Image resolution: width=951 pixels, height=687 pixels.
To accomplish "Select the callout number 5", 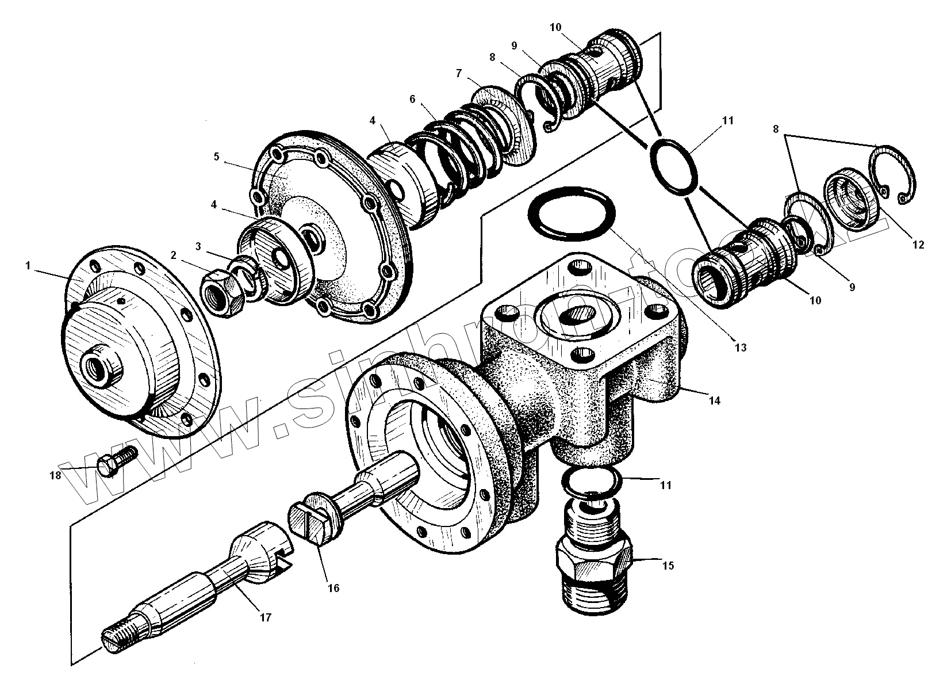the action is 217,157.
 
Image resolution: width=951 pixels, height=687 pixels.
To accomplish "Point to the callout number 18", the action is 55,476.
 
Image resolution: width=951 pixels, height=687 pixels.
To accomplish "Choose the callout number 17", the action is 265,617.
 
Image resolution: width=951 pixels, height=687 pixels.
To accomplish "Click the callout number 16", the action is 333,588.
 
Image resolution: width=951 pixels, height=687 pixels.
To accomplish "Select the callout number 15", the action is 667,566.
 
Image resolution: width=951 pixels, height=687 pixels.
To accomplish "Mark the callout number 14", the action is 714,401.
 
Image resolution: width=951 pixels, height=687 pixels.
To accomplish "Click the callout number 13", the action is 740,347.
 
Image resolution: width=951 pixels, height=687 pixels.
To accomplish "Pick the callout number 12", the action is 918,245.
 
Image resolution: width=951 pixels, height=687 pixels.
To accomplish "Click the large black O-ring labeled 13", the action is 573,213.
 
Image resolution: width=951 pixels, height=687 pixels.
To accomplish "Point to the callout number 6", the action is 412,99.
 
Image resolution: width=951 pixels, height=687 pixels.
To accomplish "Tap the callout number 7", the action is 458,73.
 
